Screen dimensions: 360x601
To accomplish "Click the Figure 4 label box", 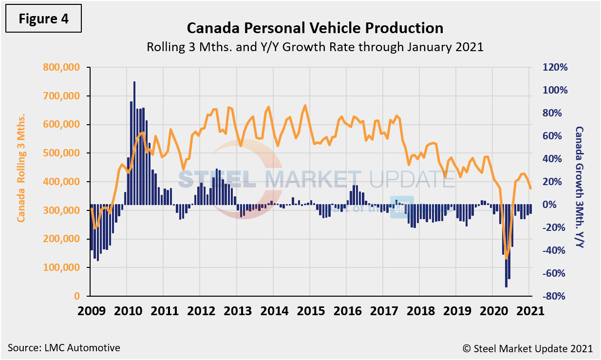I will point(43,19).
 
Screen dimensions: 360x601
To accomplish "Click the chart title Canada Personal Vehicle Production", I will point(315,28).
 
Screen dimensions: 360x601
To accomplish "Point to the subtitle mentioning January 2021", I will point(315,47).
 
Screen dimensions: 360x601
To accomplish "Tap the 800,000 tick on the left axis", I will point(62,67).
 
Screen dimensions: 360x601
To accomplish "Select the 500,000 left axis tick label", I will point(62,153).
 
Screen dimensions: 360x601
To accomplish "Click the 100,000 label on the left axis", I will point(62,267).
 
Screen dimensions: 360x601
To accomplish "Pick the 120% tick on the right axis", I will point(556,67).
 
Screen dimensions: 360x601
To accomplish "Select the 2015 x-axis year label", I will point(310,311).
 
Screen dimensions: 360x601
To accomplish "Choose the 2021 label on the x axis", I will point(529,311).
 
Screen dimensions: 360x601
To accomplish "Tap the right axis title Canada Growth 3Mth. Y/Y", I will point(579,187).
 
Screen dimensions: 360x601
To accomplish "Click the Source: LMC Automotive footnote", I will point(64,348).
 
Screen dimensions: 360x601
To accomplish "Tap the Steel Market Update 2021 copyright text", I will point(527,348).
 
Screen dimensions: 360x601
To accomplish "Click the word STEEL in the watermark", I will point(217,179).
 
